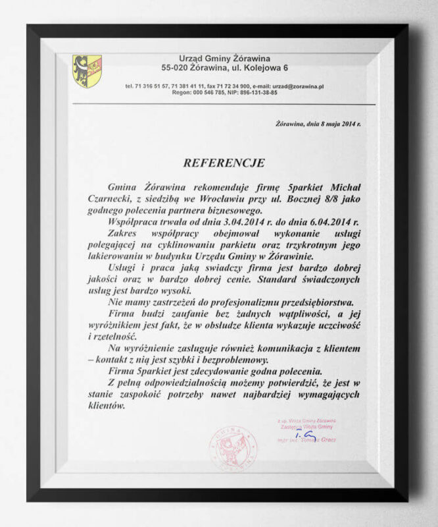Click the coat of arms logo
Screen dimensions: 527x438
(87, 70)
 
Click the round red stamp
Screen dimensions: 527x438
(231, 447)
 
